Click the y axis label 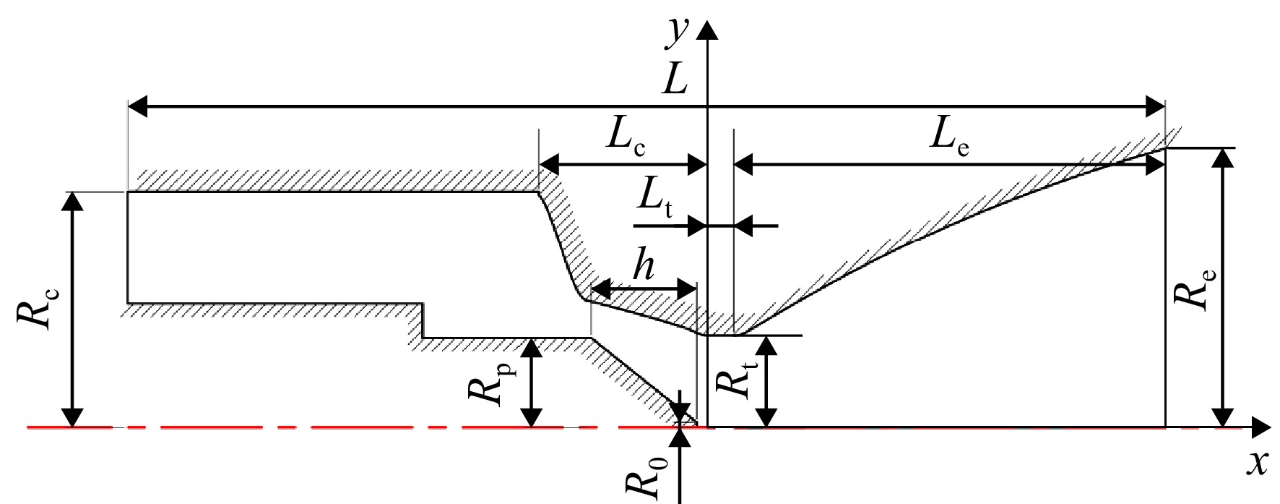click(x=677, y=33)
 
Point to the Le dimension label click(x=948, y=137)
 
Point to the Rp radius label click(x=489, y=385)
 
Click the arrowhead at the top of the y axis click(x=708, y=31)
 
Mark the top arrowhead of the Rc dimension click(x=71, y=202)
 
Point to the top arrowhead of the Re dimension click(x=1221, y=158)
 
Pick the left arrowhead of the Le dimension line click(x=744, y=166)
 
